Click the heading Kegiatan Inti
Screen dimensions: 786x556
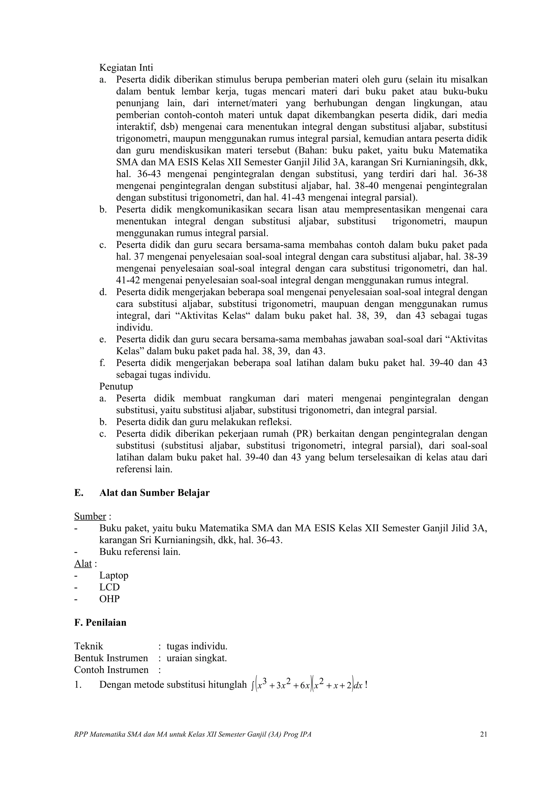point(126,68)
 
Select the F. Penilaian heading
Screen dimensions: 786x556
point(100,622)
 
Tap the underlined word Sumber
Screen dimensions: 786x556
point(90,516)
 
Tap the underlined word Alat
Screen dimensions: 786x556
point(83,564)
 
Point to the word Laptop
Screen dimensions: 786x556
point(114,576)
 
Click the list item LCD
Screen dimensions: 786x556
point(109,587)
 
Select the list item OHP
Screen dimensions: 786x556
point(109,599)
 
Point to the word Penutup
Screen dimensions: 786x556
point(116,386)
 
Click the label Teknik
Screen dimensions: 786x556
point(89,646)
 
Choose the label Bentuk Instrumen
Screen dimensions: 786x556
point(111,658)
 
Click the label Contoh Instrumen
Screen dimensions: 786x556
point(111,670)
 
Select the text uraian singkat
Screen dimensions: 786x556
point(197,658)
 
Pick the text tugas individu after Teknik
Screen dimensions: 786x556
point(197,646)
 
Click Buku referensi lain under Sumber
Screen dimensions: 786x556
point(140,552)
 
